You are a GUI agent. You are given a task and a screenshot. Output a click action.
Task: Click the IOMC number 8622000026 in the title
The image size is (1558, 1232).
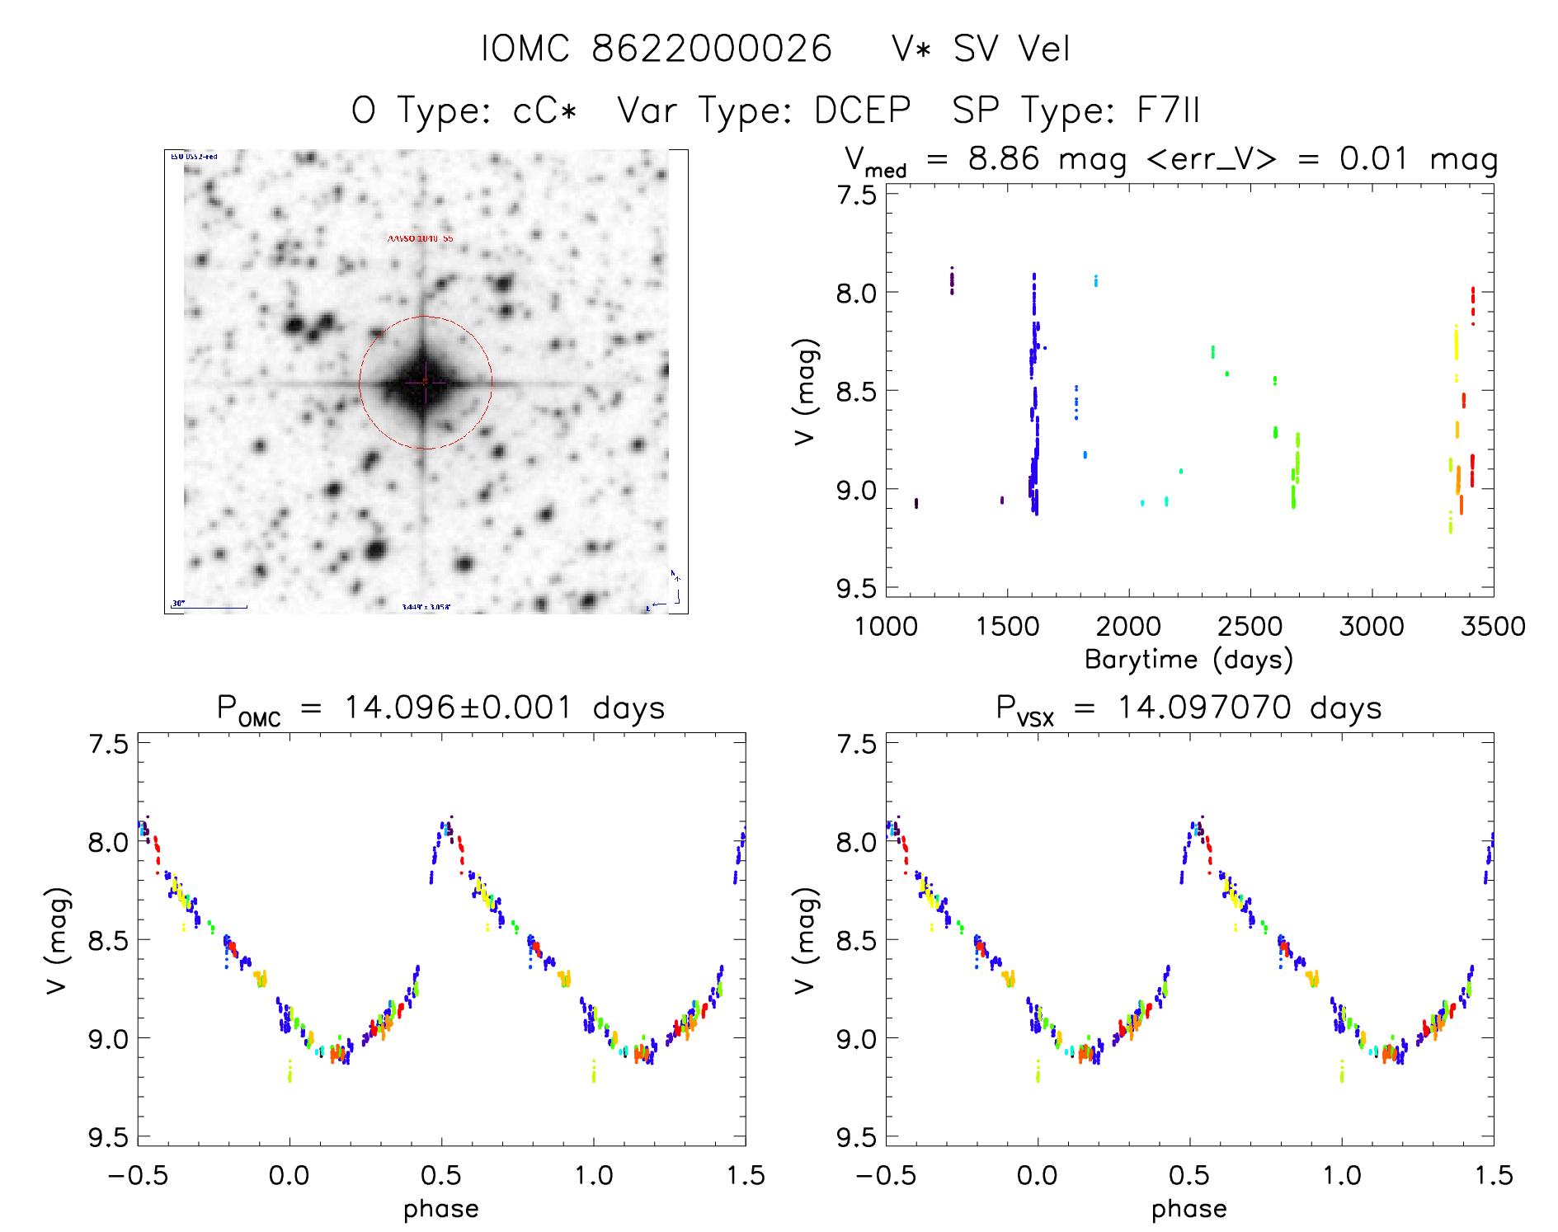[712, 49]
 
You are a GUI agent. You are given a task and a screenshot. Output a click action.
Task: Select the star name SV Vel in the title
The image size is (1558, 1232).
[1011, 49]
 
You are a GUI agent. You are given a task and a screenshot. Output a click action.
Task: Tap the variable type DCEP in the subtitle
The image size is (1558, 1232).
[862, 111]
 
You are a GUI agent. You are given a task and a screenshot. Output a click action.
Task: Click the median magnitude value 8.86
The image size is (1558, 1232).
[1004, 158]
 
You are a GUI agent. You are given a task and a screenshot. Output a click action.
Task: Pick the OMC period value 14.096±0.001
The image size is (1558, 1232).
[458, 708]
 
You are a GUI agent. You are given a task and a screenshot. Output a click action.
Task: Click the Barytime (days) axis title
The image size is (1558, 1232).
[1189, 660]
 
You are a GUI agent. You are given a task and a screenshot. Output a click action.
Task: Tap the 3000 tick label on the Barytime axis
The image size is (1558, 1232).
[1372, 626]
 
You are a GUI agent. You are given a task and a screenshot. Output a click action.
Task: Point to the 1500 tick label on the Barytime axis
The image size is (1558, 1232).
[1007, 626]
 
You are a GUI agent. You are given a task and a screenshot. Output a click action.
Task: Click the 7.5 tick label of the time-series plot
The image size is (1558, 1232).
[856, 195]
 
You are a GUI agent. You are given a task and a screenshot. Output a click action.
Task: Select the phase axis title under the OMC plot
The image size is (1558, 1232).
[441, 1209]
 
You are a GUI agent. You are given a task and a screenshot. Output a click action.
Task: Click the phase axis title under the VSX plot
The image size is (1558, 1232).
[1189, 1209]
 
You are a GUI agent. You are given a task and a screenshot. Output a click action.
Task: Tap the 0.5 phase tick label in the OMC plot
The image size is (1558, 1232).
[441, 1175]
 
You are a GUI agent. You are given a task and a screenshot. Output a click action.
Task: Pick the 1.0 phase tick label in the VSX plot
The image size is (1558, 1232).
[1342, 1175]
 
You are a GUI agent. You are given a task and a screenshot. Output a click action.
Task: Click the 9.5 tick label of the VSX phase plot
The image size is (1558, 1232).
[856, 1137]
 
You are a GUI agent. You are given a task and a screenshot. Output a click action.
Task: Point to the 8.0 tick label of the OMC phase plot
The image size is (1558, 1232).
[108, 843]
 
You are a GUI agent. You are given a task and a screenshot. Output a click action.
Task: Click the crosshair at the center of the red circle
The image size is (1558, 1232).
[425, 382]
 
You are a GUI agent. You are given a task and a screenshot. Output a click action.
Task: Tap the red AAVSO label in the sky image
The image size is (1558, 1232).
[421, 238]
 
